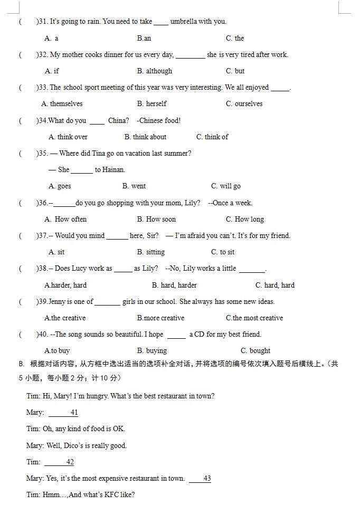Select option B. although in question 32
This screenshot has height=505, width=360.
click(155, 71)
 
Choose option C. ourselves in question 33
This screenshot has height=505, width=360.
click(244, 103)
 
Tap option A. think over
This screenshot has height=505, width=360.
click(68, 137)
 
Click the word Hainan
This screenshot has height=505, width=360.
click(110, 169)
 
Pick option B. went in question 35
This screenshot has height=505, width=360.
click(134, 186)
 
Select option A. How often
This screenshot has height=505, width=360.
click(66, 219)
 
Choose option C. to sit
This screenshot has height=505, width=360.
click(223, 252)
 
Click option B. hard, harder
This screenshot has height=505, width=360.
click(174, 285)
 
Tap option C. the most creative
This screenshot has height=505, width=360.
click(254, 318)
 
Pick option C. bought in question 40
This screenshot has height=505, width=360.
click(255, 350)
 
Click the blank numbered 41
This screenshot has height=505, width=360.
click(63, 413)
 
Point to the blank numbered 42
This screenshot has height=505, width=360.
click(60, 462)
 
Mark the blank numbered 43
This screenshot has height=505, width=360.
click(200, 479)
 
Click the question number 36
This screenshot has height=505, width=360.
click(42, 203)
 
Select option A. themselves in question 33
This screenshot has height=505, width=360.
click(62, 103)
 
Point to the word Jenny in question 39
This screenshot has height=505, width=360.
click(58, 301)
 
